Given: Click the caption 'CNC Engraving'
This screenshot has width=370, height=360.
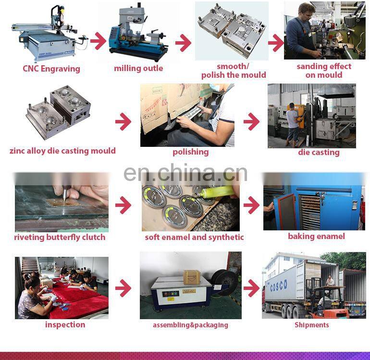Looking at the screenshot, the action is (x=51, y=69).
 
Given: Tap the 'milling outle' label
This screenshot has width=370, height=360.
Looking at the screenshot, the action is (x=138, y=68).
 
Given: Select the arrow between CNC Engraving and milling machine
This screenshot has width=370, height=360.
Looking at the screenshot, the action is (x=98, y=41).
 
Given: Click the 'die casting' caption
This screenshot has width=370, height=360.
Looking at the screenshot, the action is (x=319, y=153).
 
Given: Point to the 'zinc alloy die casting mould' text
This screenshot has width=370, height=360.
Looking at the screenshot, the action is (x=62, y=151).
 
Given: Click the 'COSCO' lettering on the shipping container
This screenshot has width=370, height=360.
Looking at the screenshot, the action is (x=279, y=285).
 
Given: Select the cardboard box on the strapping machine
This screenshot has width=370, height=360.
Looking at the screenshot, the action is (x=191, y=277).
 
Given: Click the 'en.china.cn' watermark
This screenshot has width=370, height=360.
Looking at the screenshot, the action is (x=185, y=173).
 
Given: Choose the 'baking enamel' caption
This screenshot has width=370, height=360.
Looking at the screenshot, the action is (x=317, y=236).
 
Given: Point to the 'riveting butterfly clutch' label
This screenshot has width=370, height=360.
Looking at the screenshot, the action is (x=60, y=237).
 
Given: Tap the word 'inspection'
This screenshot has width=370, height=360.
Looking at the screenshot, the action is (x=65, y=324).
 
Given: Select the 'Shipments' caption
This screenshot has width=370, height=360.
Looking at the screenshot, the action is (x=312, y=325).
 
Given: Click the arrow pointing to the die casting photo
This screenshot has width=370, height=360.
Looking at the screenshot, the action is (x=251, y=121).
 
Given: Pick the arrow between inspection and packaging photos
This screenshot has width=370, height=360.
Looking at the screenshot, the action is (x=123, y=288).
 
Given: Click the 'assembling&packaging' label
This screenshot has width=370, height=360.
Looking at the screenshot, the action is (x=190, y=325).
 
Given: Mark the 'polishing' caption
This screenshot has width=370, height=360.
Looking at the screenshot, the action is (x=191, y=152).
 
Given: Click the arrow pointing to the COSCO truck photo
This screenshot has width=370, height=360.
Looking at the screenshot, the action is (x=251, y=288).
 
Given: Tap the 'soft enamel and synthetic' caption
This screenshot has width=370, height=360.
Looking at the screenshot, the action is (x=194, y=237).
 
